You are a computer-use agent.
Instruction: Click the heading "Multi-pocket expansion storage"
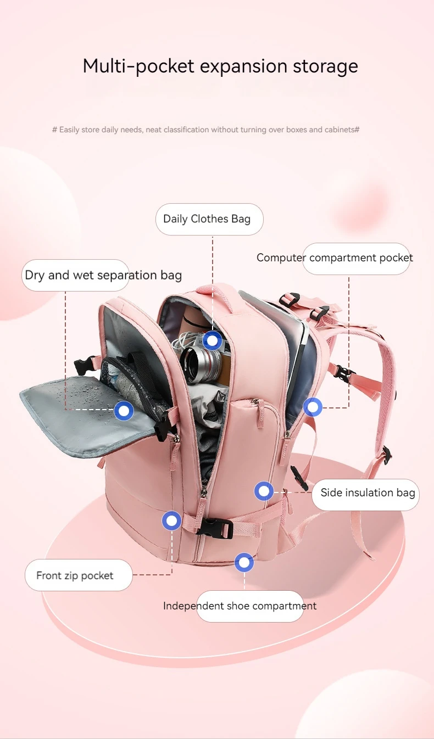point(220,66)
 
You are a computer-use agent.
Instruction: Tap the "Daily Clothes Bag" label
point(207,219)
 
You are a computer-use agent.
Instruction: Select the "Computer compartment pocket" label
point(335,258)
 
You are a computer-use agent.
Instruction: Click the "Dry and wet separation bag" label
point(103,275)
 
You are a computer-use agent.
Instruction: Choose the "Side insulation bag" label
point(368,492)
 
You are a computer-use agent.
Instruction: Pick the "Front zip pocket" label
point(75,575)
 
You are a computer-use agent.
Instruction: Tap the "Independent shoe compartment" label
point(240,606)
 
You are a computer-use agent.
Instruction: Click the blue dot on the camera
point(212,341)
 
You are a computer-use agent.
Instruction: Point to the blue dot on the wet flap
point(124,411)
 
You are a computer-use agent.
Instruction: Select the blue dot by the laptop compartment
point(313,407)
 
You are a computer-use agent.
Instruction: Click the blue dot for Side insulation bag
point(264,491)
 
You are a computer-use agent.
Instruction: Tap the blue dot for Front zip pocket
point(172,520)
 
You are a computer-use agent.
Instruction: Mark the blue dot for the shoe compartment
point(244,562)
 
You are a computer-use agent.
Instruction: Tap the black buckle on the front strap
point(214,528)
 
